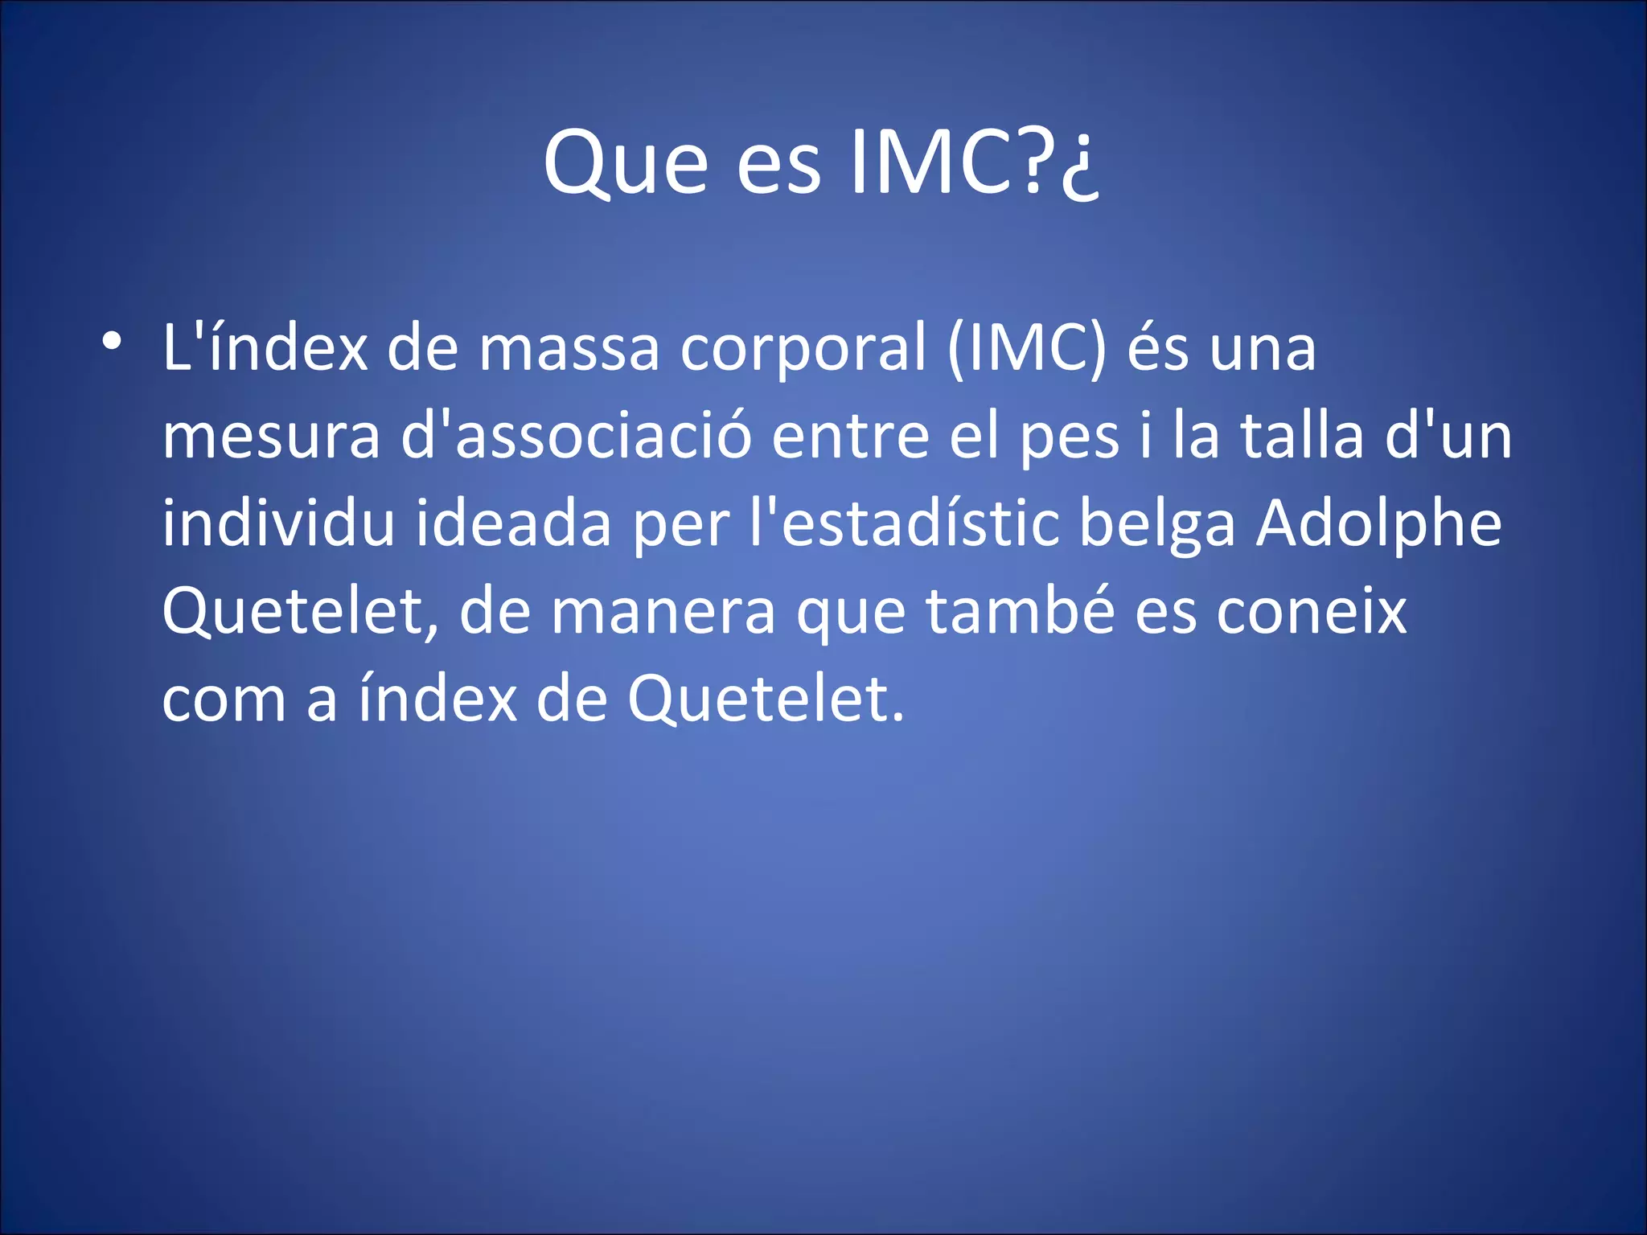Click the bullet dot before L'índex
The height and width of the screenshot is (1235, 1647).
click(x=112, y=341)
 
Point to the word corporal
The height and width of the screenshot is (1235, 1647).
click(x=803, y=350)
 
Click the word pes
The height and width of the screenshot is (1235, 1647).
click(x=1070, y=438)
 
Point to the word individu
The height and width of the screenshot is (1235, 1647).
click(x=278, y=523)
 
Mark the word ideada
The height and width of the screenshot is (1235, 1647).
click(x=513, y=523)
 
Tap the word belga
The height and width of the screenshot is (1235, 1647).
click(x=1156, y=525)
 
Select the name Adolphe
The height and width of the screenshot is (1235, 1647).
click(x=1378, y=525)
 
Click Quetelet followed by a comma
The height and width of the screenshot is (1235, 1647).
click(x=300, y=612)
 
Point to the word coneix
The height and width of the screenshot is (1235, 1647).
click(x=1312, y=612)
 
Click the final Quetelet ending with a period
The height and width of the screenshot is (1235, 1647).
click(x=766, y=699)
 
